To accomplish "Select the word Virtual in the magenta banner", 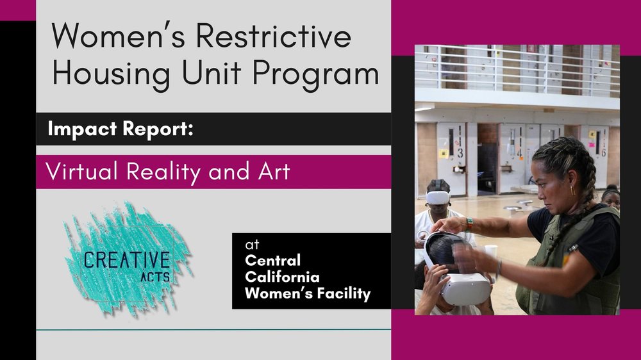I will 83,172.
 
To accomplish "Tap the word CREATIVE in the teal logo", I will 126,260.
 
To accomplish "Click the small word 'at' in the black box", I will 249,245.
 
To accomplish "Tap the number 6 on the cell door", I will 603,153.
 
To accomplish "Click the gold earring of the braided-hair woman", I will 572,190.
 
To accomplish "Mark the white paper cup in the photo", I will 491,251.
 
